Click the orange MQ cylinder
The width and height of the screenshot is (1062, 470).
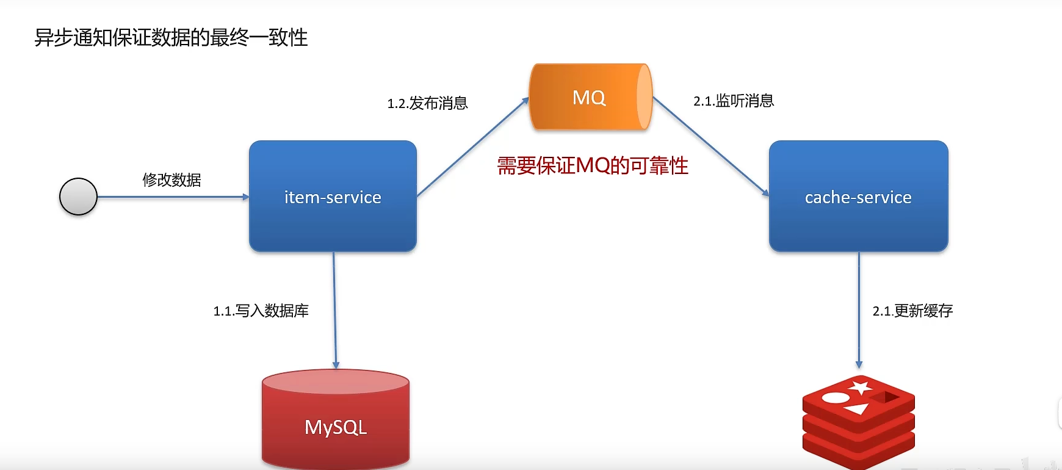(590, 97)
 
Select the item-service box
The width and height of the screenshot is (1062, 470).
(333, 197)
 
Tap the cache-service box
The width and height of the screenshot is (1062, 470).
(858, 197)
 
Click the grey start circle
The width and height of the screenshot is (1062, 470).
(78, 197)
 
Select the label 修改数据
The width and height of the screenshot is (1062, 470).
(172, 180)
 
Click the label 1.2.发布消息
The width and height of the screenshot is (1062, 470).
(427, 103)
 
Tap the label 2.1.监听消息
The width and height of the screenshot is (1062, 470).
(734, 101)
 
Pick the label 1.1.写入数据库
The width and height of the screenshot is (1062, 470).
(261, 311)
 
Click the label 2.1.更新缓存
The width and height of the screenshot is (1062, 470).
(912, 311)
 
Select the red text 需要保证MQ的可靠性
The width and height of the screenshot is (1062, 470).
(592, 165)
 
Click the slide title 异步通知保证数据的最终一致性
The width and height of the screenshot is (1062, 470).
(171, 38)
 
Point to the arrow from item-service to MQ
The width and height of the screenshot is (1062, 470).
(472, 147)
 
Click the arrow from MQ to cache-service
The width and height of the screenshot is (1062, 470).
(710, 146)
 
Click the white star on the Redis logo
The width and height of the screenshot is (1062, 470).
(861, 387)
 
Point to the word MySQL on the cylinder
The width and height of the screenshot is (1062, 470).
(336, 427)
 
